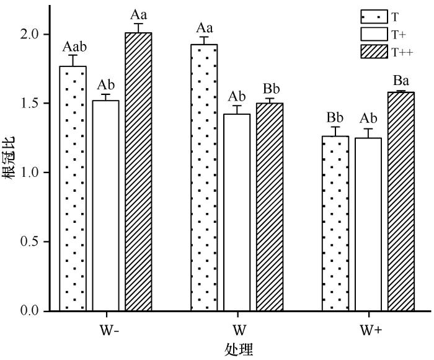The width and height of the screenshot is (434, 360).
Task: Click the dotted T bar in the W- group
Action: tap(73, 189)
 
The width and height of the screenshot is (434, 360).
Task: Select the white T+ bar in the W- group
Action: tap(106, 205)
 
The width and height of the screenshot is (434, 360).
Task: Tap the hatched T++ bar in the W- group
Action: tap(138, 172)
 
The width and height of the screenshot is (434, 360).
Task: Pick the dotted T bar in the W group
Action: tap(204, 178)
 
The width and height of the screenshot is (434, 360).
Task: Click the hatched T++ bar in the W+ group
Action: tap(401, 202)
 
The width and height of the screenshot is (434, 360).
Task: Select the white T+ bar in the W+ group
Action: tap(368, 225)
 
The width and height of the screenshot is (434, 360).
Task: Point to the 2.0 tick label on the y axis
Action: tap(30, 35)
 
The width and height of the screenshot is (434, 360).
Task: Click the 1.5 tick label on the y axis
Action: tap(30, 104)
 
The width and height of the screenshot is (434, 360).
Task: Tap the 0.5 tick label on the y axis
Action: tap(30, 241)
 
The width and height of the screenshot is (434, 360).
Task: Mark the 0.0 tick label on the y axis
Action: tap(30, 310)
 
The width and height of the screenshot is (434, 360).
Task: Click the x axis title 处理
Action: tap(239, 349)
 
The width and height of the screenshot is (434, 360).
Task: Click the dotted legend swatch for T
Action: tap(374, 17)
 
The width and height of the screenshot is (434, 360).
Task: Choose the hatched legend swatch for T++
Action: tap(374, 52)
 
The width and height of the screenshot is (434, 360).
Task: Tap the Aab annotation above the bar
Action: tap(74, 47)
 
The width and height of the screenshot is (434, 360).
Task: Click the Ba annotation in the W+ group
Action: tap(401, 81)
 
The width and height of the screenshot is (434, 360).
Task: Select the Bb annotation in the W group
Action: tap(272, 89)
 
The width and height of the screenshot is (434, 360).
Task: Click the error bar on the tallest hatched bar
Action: tap(138, 28)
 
